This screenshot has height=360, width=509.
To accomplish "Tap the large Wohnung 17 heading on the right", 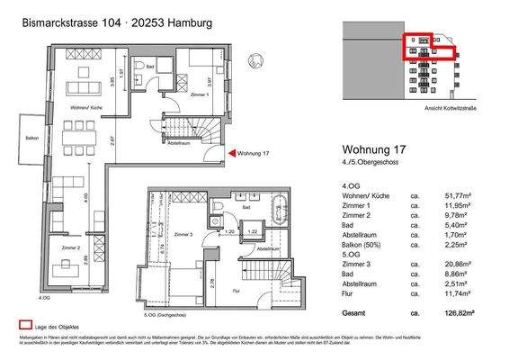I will (x=378, y=150).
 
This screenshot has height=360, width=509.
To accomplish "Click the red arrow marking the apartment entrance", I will (x=230, y=154).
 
